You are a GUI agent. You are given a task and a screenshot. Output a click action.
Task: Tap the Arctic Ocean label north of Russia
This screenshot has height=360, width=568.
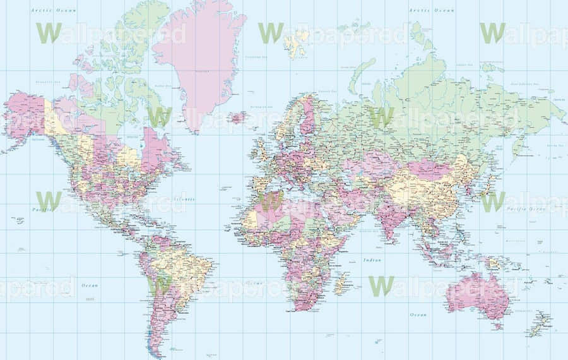(x=431, y=10)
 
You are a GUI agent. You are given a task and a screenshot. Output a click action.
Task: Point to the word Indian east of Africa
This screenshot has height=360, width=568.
(x=372, y=260)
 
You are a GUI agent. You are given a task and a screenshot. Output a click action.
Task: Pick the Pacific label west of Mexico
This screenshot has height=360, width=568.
(x=42, y=208)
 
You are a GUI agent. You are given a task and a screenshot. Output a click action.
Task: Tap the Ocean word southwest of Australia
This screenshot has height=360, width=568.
(x=418, y=314)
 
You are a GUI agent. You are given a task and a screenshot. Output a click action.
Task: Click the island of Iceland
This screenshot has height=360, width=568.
(x=238, y=117)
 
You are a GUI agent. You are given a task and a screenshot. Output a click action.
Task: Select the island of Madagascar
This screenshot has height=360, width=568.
(x=341, y=283)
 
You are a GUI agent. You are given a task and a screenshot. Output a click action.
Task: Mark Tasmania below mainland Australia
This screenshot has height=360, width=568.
(x=499, y=325)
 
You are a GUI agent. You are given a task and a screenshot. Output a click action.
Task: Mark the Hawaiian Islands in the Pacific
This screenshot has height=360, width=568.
(x=19, y=220)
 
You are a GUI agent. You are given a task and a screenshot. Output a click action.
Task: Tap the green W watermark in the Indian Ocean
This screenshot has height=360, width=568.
(x=381, y=285)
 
